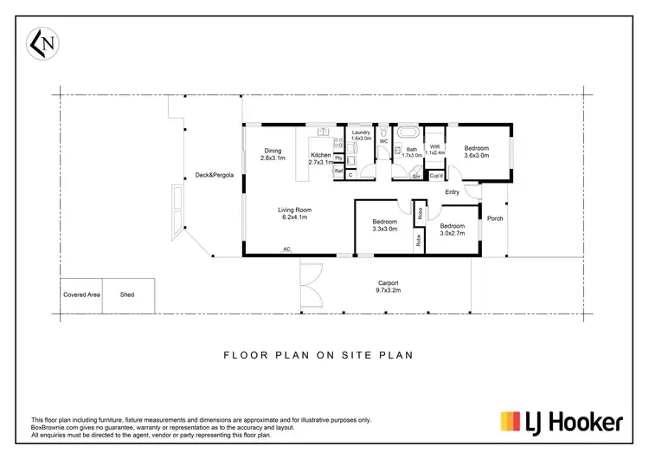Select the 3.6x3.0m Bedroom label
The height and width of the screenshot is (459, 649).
477,152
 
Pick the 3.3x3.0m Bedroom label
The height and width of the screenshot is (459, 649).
384,225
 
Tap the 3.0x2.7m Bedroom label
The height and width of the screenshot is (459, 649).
452,229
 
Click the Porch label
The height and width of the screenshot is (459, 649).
495,218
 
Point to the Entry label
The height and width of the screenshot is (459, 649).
452,192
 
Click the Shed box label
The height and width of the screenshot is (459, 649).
127,294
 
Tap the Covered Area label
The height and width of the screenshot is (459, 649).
81,294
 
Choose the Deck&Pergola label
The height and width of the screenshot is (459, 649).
213,174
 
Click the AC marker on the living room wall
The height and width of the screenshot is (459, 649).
286,250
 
